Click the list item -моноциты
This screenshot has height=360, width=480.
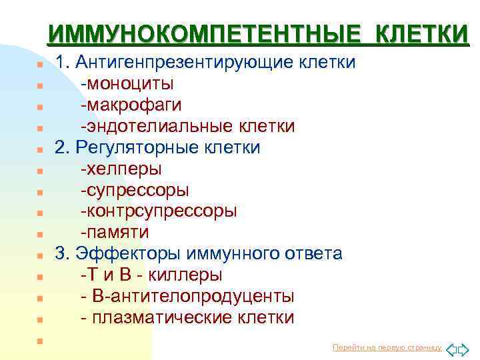(127, 84)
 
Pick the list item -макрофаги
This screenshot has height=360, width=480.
(131, 105)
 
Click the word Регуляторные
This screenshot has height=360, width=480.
(132, 147)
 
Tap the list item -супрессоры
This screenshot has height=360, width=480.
(135, 190)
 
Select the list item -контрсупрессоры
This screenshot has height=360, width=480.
(158, 211)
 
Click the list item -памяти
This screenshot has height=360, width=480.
(115, 233)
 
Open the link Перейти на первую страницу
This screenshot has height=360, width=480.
(387, 348)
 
